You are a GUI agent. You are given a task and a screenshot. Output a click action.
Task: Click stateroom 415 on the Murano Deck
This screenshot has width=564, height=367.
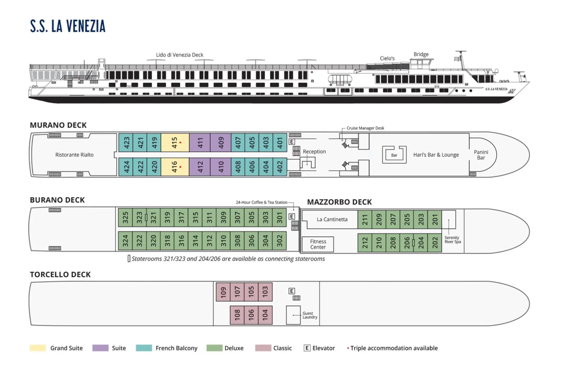[175, 142]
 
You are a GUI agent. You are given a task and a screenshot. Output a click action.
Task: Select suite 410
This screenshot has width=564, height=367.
[221, 167]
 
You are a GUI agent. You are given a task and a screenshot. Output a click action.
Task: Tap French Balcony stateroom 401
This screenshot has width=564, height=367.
[280, 142]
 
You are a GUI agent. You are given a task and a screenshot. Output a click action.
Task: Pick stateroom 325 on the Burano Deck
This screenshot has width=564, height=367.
[125, 217]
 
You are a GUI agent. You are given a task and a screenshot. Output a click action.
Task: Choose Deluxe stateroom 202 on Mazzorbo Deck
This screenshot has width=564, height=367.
[435, 243]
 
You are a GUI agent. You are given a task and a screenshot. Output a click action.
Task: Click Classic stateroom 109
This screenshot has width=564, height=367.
[223, 292]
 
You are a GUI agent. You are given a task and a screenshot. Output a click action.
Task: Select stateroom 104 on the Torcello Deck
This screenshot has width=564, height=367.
[265, 315]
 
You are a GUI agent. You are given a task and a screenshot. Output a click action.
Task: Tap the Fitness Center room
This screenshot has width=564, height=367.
[318, 244]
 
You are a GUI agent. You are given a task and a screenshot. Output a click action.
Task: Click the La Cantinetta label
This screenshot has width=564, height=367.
[332, 219]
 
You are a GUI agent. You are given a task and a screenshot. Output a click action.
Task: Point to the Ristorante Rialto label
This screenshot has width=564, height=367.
[74, 155]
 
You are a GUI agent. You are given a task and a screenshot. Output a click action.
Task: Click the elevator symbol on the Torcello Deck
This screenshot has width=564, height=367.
[292, 291]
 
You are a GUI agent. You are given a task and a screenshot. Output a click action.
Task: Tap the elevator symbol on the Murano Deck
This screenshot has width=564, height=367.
[292, 142]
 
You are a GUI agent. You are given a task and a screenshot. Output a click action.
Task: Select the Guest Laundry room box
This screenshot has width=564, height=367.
[293, 315]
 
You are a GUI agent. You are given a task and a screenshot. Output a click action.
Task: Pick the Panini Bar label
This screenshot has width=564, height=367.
[481, 155]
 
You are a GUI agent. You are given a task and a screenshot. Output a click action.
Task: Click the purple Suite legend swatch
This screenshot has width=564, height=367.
[100, 348]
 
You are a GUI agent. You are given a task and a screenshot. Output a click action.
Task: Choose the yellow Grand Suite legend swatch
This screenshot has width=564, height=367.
[38, 348]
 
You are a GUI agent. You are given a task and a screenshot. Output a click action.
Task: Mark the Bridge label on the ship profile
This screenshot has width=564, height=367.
[421, 54]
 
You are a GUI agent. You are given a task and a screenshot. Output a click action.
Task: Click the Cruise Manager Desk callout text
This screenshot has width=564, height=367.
[365, 128]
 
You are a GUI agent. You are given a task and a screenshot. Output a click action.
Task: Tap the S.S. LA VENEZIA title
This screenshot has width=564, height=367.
[68, 26]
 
